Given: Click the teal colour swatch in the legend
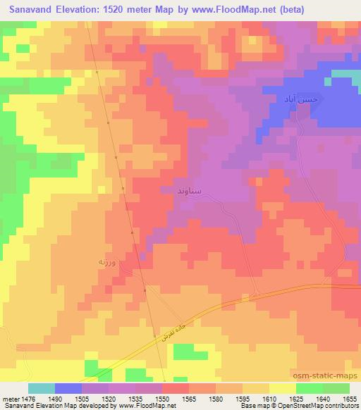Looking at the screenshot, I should tap(42, 388).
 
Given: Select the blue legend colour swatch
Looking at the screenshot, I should tap(68, 388).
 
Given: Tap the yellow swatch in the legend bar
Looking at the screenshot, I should tap(282, 388).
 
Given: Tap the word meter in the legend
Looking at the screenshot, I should tap(11, 399).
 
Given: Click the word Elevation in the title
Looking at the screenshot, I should tap(80, 11).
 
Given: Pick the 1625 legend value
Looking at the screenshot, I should tap(297, 399).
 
